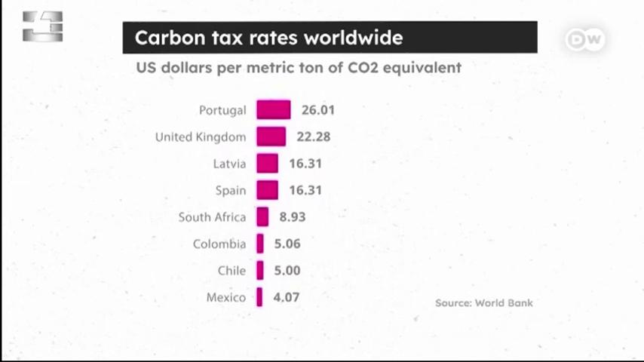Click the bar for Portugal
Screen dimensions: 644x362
(x=274, y=109)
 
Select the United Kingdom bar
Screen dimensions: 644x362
(x=271, y=137)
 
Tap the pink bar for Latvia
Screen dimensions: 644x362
(x=268, y=163)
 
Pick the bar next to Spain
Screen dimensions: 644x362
(x=268, y=190)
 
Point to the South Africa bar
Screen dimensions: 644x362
(x=262, y=216)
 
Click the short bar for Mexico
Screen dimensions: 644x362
(x=259, y=296)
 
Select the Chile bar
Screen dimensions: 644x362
(x=260, y=270)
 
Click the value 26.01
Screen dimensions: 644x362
(x=318, y=110)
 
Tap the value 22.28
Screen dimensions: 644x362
(x=314, y=137)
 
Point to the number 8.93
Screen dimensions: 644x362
(x=293, y=217)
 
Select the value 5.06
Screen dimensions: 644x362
(x=287, y=244)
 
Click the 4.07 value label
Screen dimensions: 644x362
(x=287, y=297)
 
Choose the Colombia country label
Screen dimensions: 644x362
(x=219, y=244)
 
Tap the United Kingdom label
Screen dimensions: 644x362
(x=201, y=137)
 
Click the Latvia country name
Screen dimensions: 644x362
(x=229, y=164)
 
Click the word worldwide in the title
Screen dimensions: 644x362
(x=353, y=38)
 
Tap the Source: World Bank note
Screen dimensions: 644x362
(x=484, y=303)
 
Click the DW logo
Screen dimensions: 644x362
(x=585, y=40)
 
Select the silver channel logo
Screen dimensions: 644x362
(x=43, y=26)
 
